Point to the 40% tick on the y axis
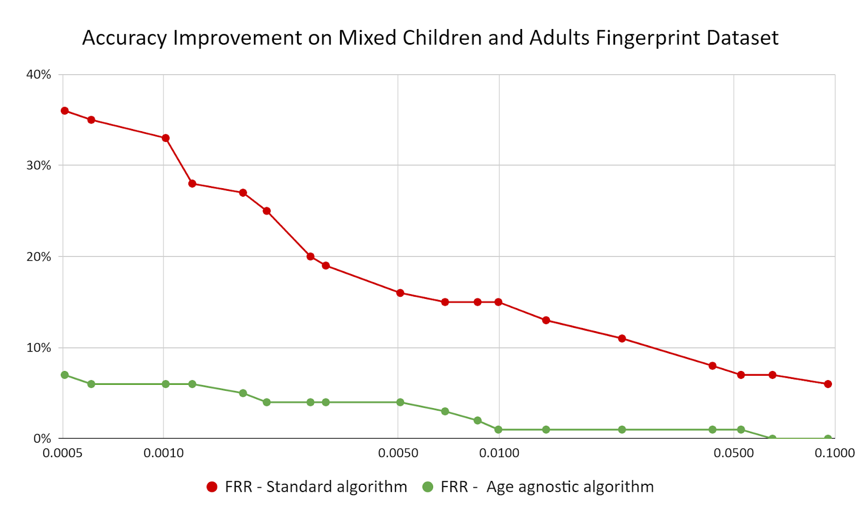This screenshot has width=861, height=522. point(39,75)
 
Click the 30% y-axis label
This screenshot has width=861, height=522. point(39,166)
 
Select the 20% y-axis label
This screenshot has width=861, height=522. point(39,257)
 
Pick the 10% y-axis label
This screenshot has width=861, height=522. point(39,348)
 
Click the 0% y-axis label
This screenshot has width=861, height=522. point(42,439)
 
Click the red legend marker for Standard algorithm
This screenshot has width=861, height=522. point(212,487)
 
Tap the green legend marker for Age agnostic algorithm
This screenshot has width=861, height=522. point(428,487)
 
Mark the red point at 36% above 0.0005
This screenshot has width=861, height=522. point(65,111)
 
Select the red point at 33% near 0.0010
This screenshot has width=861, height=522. point(166,138)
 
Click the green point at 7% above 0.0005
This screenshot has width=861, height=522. point(65,375)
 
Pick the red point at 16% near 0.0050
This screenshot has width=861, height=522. point(400,293)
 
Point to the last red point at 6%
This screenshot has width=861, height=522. point(828,384)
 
